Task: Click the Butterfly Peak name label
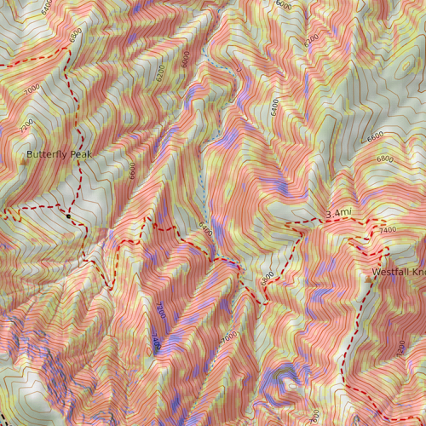[58, 154]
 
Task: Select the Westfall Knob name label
[398, 273]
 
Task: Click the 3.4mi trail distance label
[338, 212]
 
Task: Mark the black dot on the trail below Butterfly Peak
[68, 216]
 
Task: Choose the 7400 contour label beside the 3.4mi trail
[388, 230]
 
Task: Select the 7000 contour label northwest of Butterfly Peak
[32, 89]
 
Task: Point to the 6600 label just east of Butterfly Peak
[133, 171]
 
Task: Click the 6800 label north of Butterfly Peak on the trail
[76, 36]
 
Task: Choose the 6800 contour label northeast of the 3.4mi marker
[385, 158]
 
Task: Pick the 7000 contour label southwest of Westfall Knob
[228, 338]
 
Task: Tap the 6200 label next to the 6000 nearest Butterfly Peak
[162, 73]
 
